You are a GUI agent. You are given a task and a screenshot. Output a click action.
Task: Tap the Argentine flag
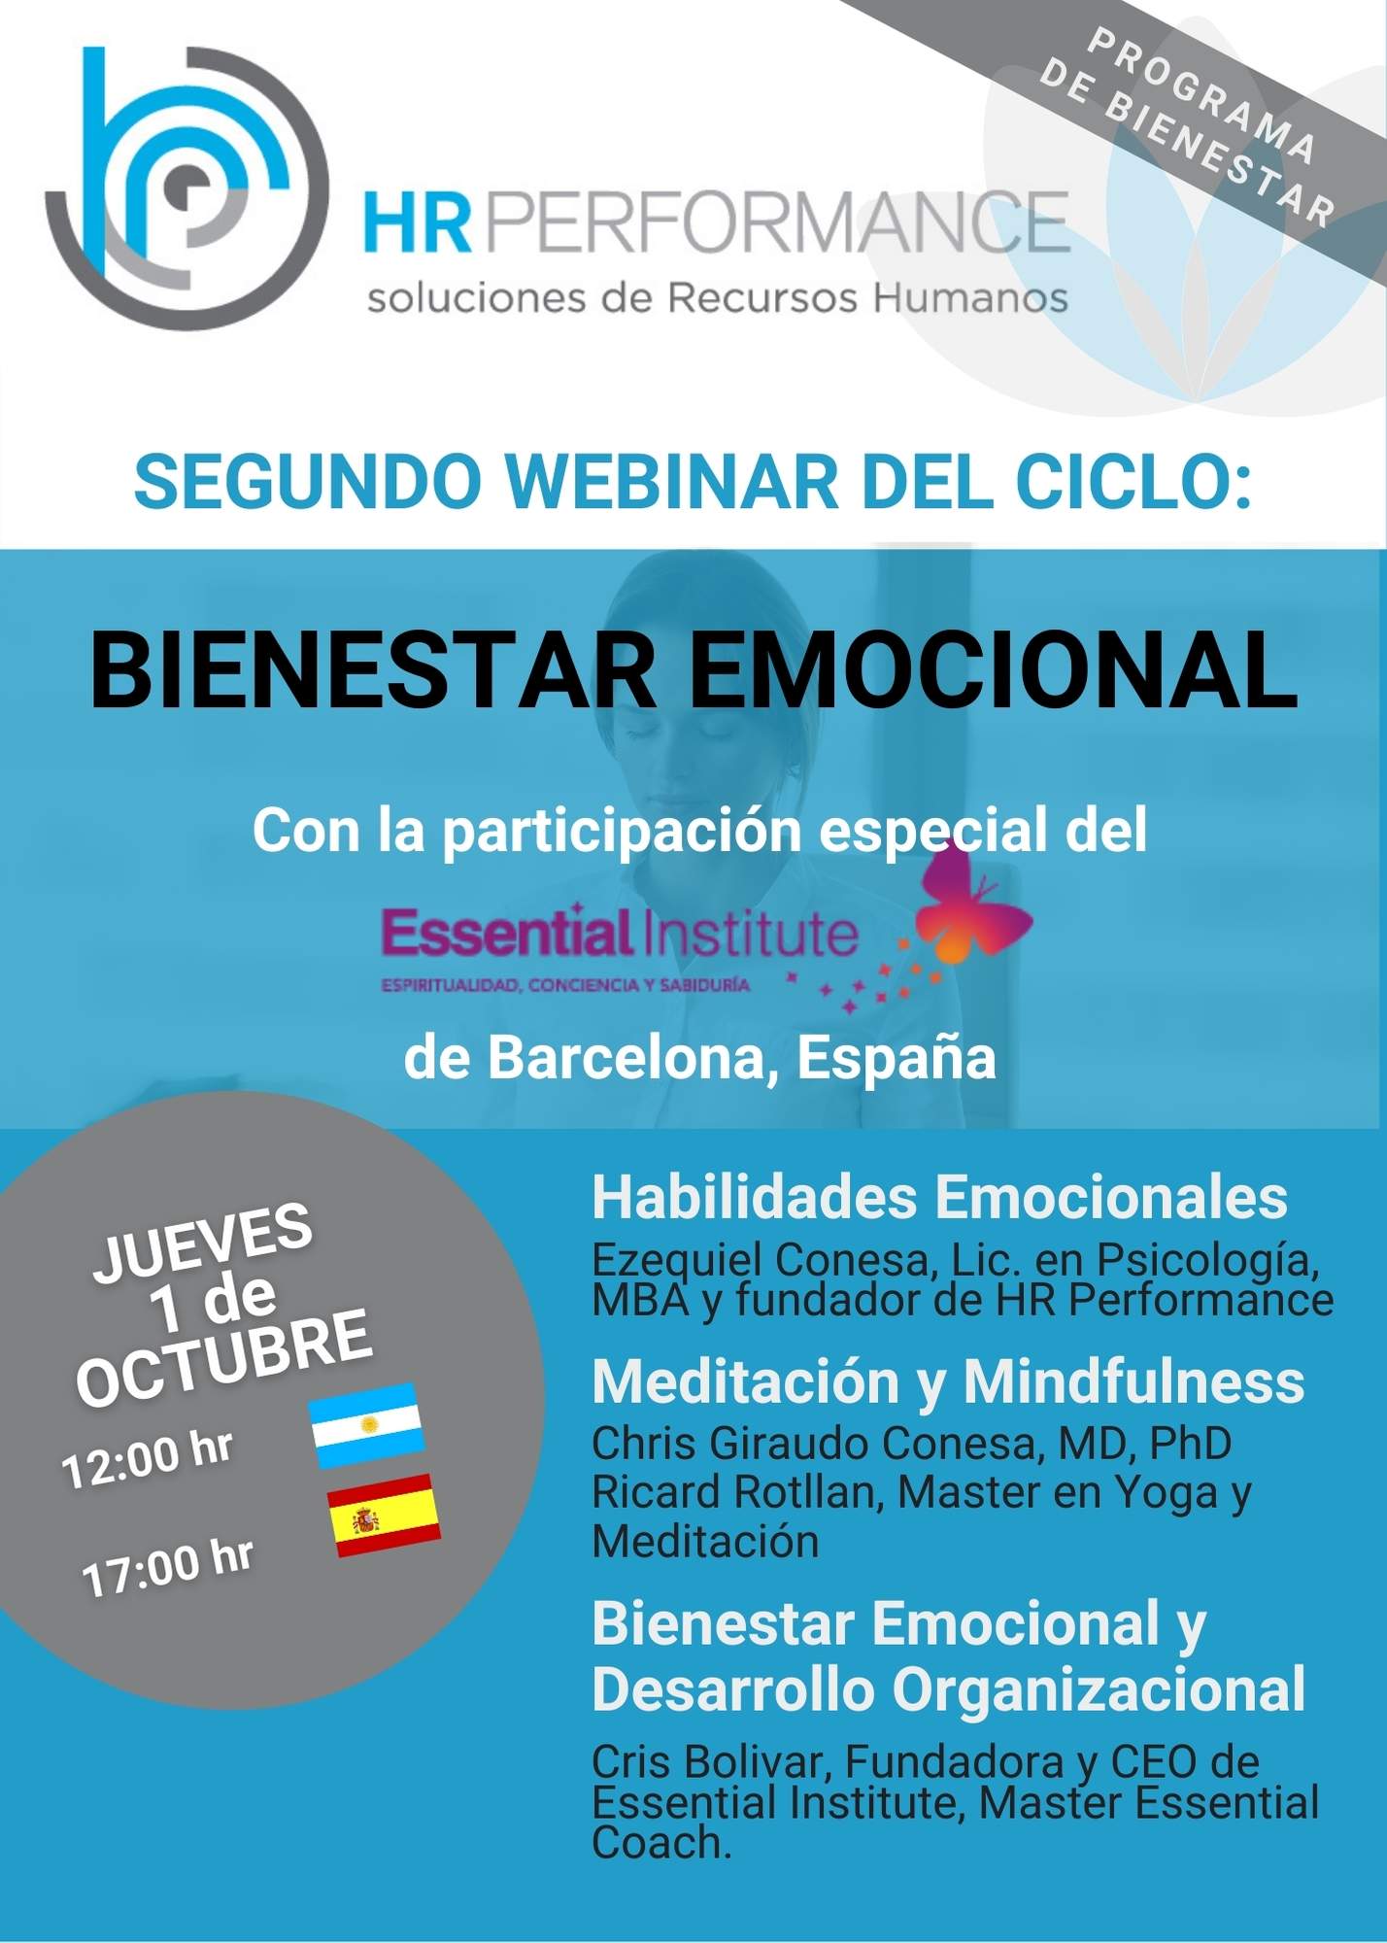click(367, 1424)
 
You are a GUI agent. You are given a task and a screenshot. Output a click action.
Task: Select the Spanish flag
click(384, 1516)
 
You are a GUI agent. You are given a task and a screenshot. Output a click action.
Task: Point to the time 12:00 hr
click(148, 1457)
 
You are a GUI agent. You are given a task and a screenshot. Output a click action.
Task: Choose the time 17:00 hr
click(168, 1567)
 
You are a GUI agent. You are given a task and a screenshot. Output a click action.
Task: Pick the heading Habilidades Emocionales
click(939, 1197)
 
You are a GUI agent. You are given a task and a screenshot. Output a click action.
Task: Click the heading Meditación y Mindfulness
click(948, 1381)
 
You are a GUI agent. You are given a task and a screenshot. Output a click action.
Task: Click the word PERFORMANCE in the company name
click(776, 222)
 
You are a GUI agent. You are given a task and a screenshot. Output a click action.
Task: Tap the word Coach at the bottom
click(661, 1842)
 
